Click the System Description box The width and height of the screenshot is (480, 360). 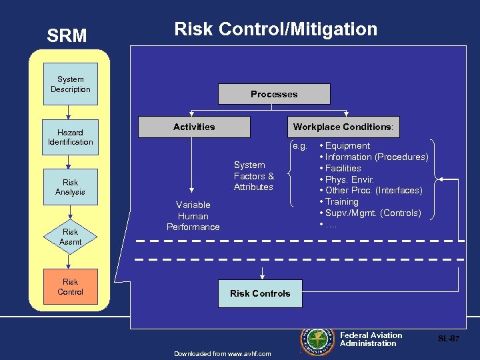(70, 84)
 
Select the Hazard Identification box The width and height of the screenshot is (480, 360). (70, 137)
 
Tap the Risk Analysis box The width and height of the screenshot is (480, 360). (70, 187)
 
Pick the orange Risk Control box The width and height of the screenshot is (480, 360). (70, 287)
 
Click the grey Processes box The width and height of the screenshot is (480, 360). (274, 94)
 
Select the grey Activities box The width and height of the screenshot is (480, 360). (194, 127)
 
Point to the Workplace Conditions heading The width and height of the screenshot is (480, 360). (343, 127)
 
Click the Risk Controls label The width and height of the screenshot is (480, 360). (260, 293)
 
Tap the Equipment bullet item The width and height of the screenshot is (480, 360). (347, 145)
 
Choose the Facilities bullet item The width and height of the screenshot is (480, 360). (343, 168)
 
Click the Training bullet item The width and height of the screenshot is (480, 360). (341, 201)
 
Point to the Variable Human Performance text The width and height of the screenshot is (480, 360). (193, 216)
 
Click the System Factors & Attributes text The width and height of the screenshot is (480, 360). (253, 176)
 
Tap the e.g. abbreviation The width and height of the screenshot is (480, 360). (299, 145)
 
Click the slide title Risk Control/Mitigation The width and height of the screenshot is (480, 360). (275, 29)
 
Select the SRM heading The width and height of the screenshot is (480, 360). (67, 35)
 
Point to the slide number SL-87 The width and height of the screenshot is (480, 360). (448, 339)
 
